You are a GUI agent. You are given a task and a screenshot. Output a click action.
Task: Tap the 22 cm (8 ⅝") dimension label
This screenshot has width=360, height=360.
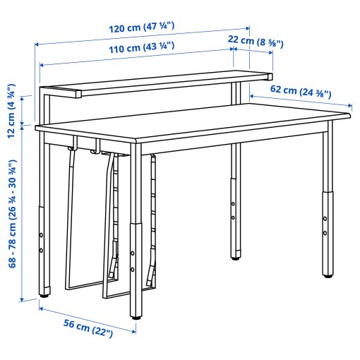point(256,42)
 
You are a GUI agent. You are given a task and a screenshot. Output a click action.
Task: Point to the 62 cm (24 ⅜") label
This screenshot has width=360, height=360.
point(301,90)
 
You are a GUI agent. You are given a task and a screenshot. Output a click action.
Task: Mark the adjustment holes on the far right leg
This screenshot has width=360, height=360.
point(325,225)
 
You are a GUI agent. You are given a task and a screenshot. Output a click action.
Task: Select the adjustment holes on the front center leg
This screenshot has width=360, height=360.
point(133,261)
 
